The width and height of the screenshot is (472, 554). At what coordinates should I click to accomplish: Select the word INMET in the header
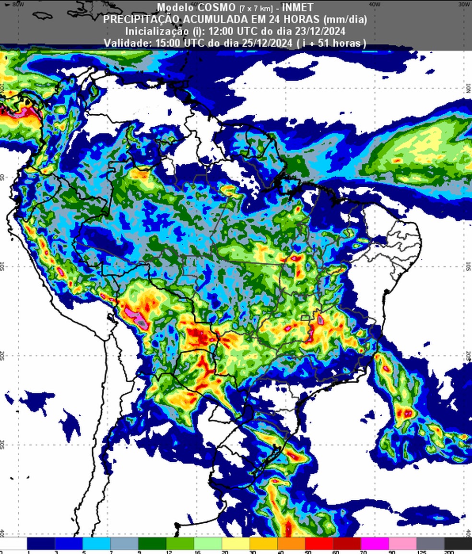point(297,8)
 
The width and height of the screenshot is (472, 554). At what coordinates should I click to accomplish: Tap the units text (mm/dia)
point(345,19)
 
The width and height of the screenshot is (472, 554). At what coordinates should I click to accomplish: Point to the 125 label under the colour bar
point(422,552)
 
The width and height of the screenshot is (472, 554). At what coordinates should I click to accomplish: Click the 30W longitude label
point(464,4)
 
